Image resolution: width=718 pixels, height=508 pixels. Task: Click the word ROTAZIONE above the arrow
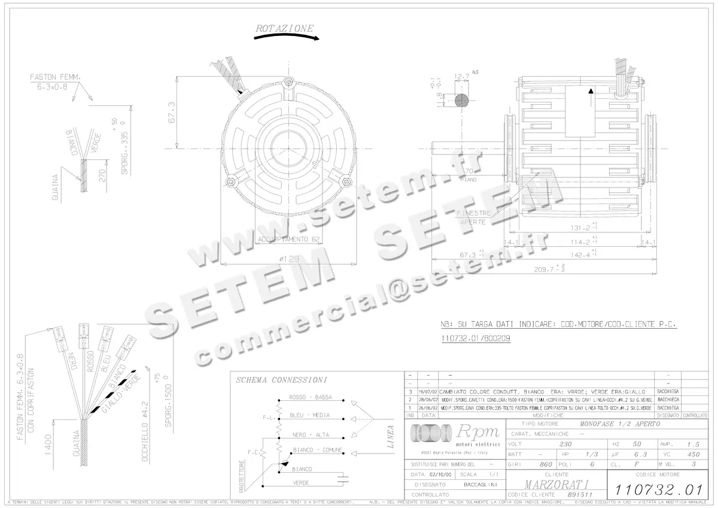pos(284,28)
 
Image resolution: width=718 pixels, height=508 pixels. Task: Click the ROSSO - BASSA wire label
pos(311,397)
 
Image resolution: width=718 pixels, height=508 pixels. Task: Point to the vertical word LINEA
pos(391,437)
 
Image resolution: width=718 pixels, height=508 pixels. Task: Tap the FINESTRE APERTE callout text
pos(474,217)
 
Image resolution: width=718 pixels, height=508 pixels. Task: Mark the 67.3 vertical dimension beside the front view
pos(171,112)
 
